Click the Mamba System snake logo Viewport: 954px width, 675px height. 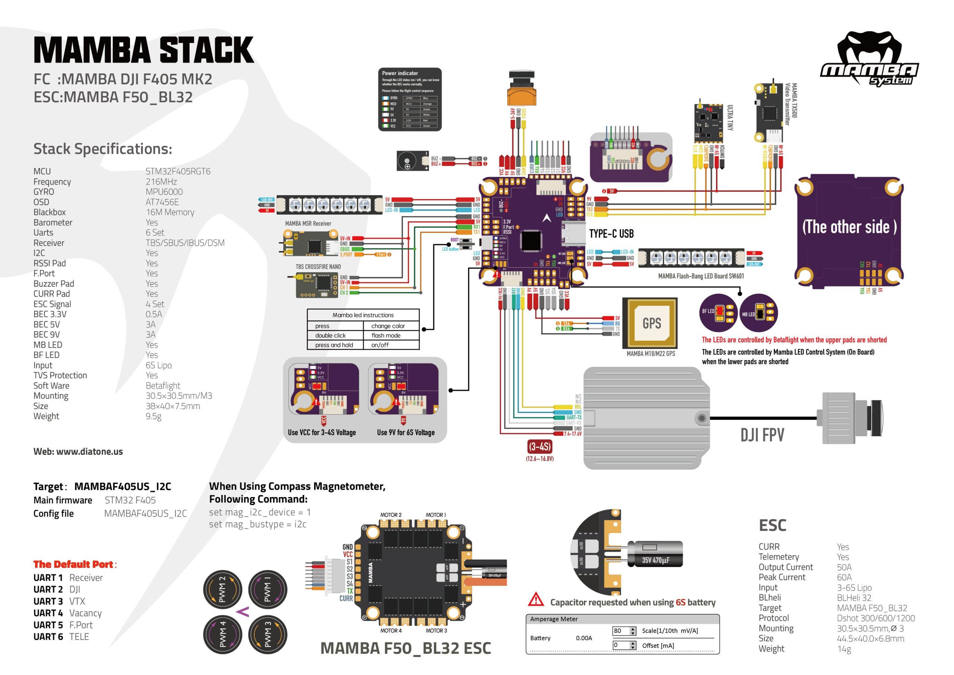869,58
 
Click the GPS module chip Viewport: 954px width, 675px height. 651,323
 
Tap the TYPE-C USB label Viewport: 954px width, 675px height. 611,234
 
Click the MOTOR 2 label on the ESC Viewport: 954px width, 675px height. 391,515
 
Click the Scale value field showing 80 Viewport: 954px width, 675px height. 620,631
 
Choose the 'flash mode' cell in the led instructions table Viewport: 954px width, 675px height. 386,335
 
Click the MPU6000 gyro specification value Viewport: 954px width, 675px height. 164,192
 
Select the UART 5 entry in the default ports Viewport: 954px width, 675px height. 48,625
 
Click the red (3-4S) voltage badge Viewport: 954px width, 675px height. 540,447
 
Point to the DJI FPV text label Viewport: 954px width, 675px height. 762,435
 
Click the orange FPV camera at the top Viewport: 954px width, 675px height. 521,89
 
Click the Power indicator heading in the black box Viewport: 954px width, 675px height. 400,73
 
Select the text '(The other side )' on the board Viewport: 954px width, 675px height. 849,227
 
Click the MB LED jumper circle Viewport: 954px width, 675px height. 758,313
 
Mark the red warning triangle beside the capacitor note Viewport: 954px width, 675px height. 536,599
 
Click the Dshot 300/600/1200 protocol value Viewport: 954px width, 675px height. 875,618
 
